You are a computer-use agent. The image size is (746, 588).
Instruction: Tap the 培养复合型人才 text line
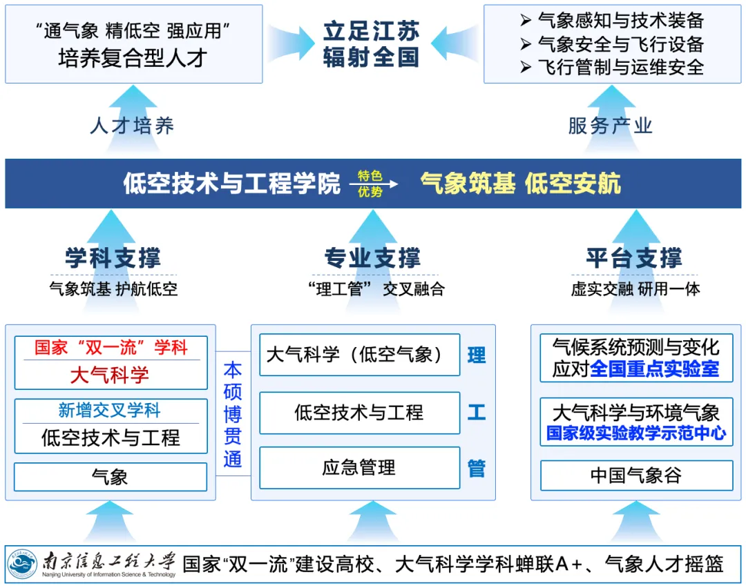point(133,58)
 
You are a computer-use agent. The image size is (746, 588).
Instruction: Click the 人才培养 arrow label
point(132,126)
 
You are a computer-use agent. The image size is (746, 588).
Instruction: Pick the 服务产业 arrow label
point(610,126)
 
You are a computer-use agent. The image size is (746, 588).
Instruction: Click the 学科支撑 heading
point(113,259)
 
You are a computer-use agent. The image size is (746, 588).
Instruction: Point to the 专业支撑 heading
point(372,259)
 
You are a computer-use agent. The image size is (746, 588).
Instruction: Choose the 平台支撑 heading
point(634,259)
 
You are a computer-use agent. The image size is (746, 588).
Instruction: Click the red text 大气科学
point(110,375)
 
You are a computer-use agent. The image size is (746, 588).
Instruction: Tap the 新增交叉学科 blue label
point(110,411)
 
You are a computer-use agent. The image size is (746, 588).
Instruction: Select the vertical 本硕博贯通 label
point(233,414)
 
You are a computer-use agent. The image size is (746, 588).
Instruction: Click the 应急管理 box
point(359,468)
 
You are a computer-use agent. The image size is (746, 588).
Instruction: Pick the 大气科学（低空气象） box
point(359,355)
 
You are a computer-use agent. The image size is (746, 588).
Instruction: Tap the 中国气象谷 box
point(636,476)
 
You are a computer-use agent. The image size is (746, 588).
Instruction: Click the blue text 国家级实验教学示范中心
point(636,433)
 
